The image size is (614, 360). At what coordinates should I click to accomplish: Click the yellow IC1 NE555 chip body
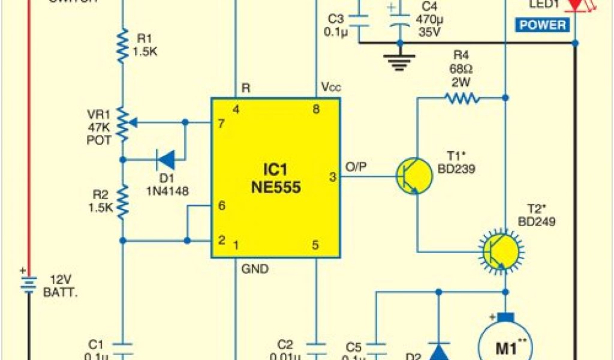pyautogui.click(x=276, y=178)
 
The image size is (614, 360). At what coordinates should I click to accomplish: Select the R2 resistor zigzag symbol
pyautogui.click(x=122, y=202)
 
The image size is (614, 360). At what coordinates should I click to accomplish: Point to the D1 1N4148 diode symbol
pyautogui.click(x=165, y=160)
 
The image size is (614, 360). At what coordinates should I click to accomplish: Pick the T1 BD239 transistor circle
pyautogui.click(x=414, y=176)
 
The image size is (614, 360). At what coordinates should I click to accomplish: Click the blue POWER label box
pyautogui.click(x=542, y=25)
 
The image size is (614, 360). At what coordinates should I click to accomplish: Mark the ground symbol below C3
pyautogui.click(x=399, y=59)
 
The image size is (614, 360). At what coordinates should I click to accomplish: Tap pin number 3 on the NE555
pyautogui.click(x=333, y=177)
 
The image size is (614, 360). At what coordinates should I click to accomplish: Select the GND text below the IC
pyautogui.click(x=255, y=269)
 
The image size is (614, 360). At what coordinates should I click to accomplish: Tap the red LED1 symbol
pyautogui.click(x=575, y=5)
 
